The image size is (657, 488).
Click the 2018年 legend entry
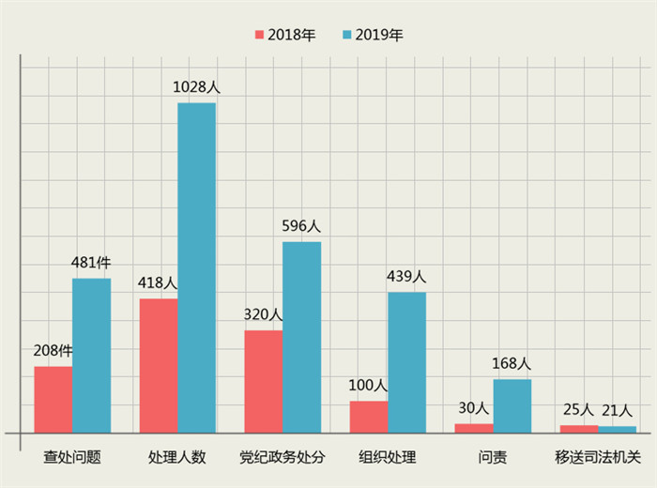pyautogui.click(x=285, y=35)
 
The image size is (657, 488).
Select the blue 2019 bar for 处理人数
pyautogui.click(x=196, y=267)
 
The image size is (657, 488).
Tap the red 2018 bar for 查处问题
pyautogui.click(x=53, y=399)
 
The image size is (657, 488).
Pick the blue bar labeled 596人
pyautogui.click(x=301, y=337)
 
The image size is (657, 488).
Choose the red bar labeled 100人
pyautogui.click(x=369, y=417)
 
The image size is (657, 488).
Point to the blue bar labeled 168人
pyautogui.click(x=512, y=405)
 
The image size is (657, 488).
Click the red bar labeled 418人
pyautogui.click(x=159, y=365)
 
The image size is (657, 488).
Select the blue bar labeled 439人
pyautogui.click(x=406, y=362)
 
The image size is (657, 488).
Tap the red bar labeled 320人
pyautogui.click(x=264, y=381)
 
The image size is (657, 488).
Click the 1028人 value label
pyautogui.click(x=196, y=87)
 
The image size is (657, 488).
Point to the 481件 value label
pyautogui.click(x=92, y=263)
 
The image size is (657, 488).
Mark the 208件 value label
pyautogui.click(x=53, y=351)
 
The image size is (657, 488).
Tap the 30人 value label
pyautogui.click(x=474, y=408)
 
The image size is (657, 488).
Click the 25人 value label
pyautogui.click(x=579, y=410)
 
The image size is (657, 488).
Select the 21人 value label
pyautogui.click(x=617, y=410)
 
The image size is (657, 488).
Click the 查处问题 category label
pyautogui.click(x=72, y=458)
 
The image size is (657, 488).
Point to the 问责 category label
pyautogui.click(x=493, y=458)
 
